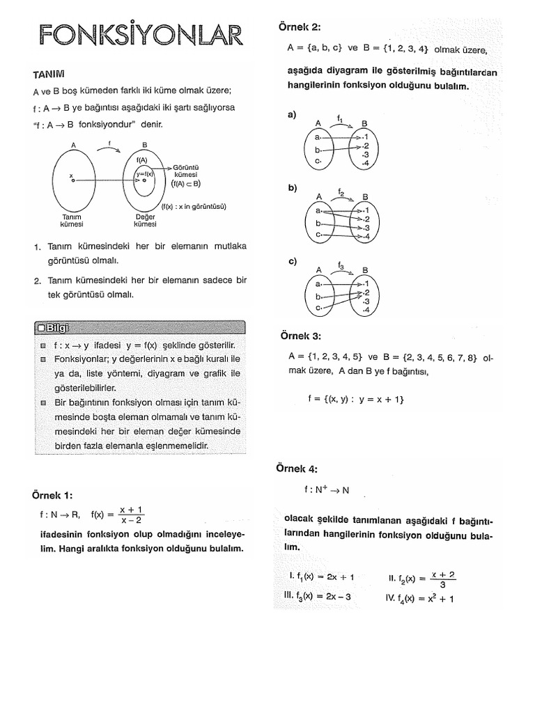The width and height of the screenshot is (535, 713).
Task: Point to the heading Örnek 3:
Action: point(300,336)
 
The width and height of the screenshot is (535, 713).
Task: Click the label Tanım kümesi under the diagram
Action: point(72,221)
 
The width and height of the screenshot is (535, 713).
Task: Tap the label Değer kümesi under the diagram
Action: point(145,221)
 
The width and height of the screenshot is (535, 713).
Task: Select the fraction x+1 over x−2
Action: point(131,515)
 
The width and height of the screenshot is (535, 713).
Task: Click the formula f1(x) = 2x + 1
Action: point(321,577)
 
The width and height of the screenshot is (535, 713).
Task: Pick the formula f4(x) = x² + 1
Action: point(419,597)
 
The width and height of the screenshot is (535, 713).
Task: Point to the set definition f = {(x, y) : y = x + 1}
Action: point(355,400)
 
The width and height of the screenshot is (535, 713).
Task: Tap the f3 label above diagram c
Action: point(341,265)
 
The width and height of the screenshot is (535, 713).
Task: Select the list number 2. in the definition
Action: point(37,281)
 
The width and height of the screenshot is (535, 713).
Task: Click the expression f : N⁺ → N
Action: point(326,489)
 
